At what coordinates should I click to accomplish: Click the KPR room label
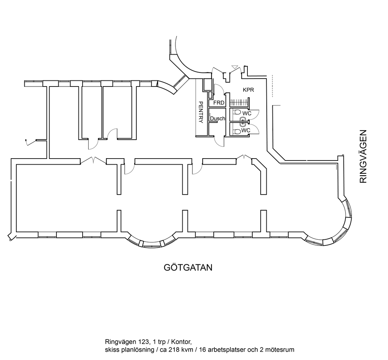click(x=248, y=90)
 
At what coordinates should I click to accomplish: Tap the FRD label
click(x=219, y=102)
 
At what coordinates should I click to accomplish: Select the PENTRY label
click(x=201, y=112)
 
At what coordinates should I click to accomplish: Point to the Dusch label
click(x=217, y=118)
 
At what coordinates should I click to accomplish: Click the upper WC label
click(x=247, y=113)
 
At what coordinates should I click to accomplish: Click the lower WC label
click(x=246, y=130)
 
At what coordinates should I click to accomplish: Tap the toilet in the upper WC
click(x=237, y=112)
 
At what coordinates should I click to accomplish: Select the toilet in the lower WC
click(x=237, y=131)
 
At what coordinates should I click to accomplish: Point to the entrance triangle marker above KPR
click(x=235, y=67)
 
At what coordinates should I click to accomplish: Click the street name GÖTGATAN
click(x=188, y=267)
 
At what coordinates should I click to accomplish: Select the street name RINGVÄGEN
click(x=363, y=156)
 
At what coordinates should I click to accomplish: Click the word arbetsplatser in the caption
click(x=228, y=350)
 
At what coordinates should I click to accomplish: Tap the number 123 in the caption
click(x=143, y=342)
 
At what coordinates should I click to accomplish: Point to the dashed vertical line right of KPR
click(x=272, y=86)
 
